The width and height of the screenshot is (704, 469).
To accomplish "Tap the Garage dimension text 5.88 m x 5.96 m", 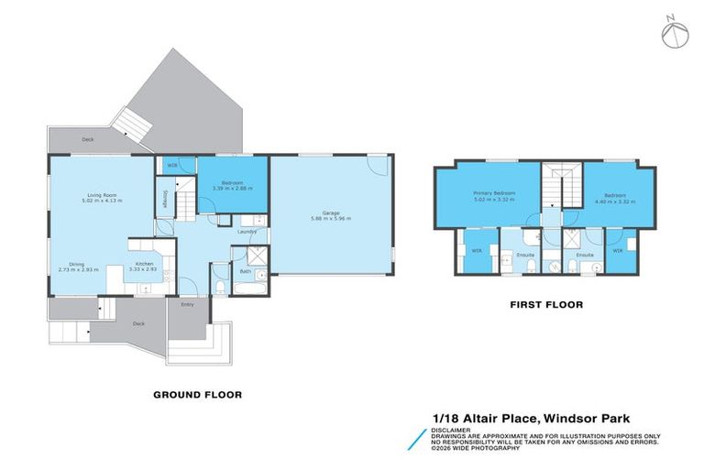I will [331, 219].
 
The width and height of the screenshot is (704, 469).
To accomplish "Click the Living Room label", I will [100, 195].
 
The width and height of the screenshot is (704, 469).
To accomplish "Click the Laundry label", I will [247, 232].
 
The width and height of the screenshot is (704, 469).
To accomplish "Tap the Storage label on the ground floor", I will [165, 200].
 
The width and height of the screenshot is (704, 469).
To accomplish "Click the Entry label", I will [187, 304].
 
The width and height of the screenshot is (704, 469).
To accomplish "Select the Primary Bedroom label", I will [494, 193].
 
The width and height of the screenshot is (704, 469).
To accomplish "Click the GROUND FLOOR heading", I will [197, 395].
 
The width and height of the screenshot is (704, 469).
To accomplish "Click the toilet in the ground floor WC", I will [221, 286].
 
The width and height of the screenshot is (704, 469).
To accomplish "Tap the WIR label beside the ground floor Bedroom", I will [171, 166].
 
